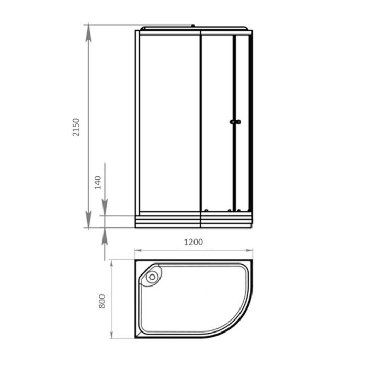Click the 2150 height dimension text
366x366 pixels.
[x=76, y=128]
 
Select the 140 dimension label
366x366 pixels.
[x=97, y=182]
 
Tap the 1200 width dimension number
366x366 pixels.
[x=193, y=242]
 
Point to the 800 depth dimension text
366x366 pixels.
[x=102, y=301]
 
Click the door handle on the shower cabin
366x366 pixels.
[x=235, y=122]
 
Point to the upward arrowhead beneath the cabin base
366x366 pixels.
[x=105, y=238]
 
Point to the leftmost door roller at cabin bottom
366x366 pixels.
[x=207, y=210]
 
